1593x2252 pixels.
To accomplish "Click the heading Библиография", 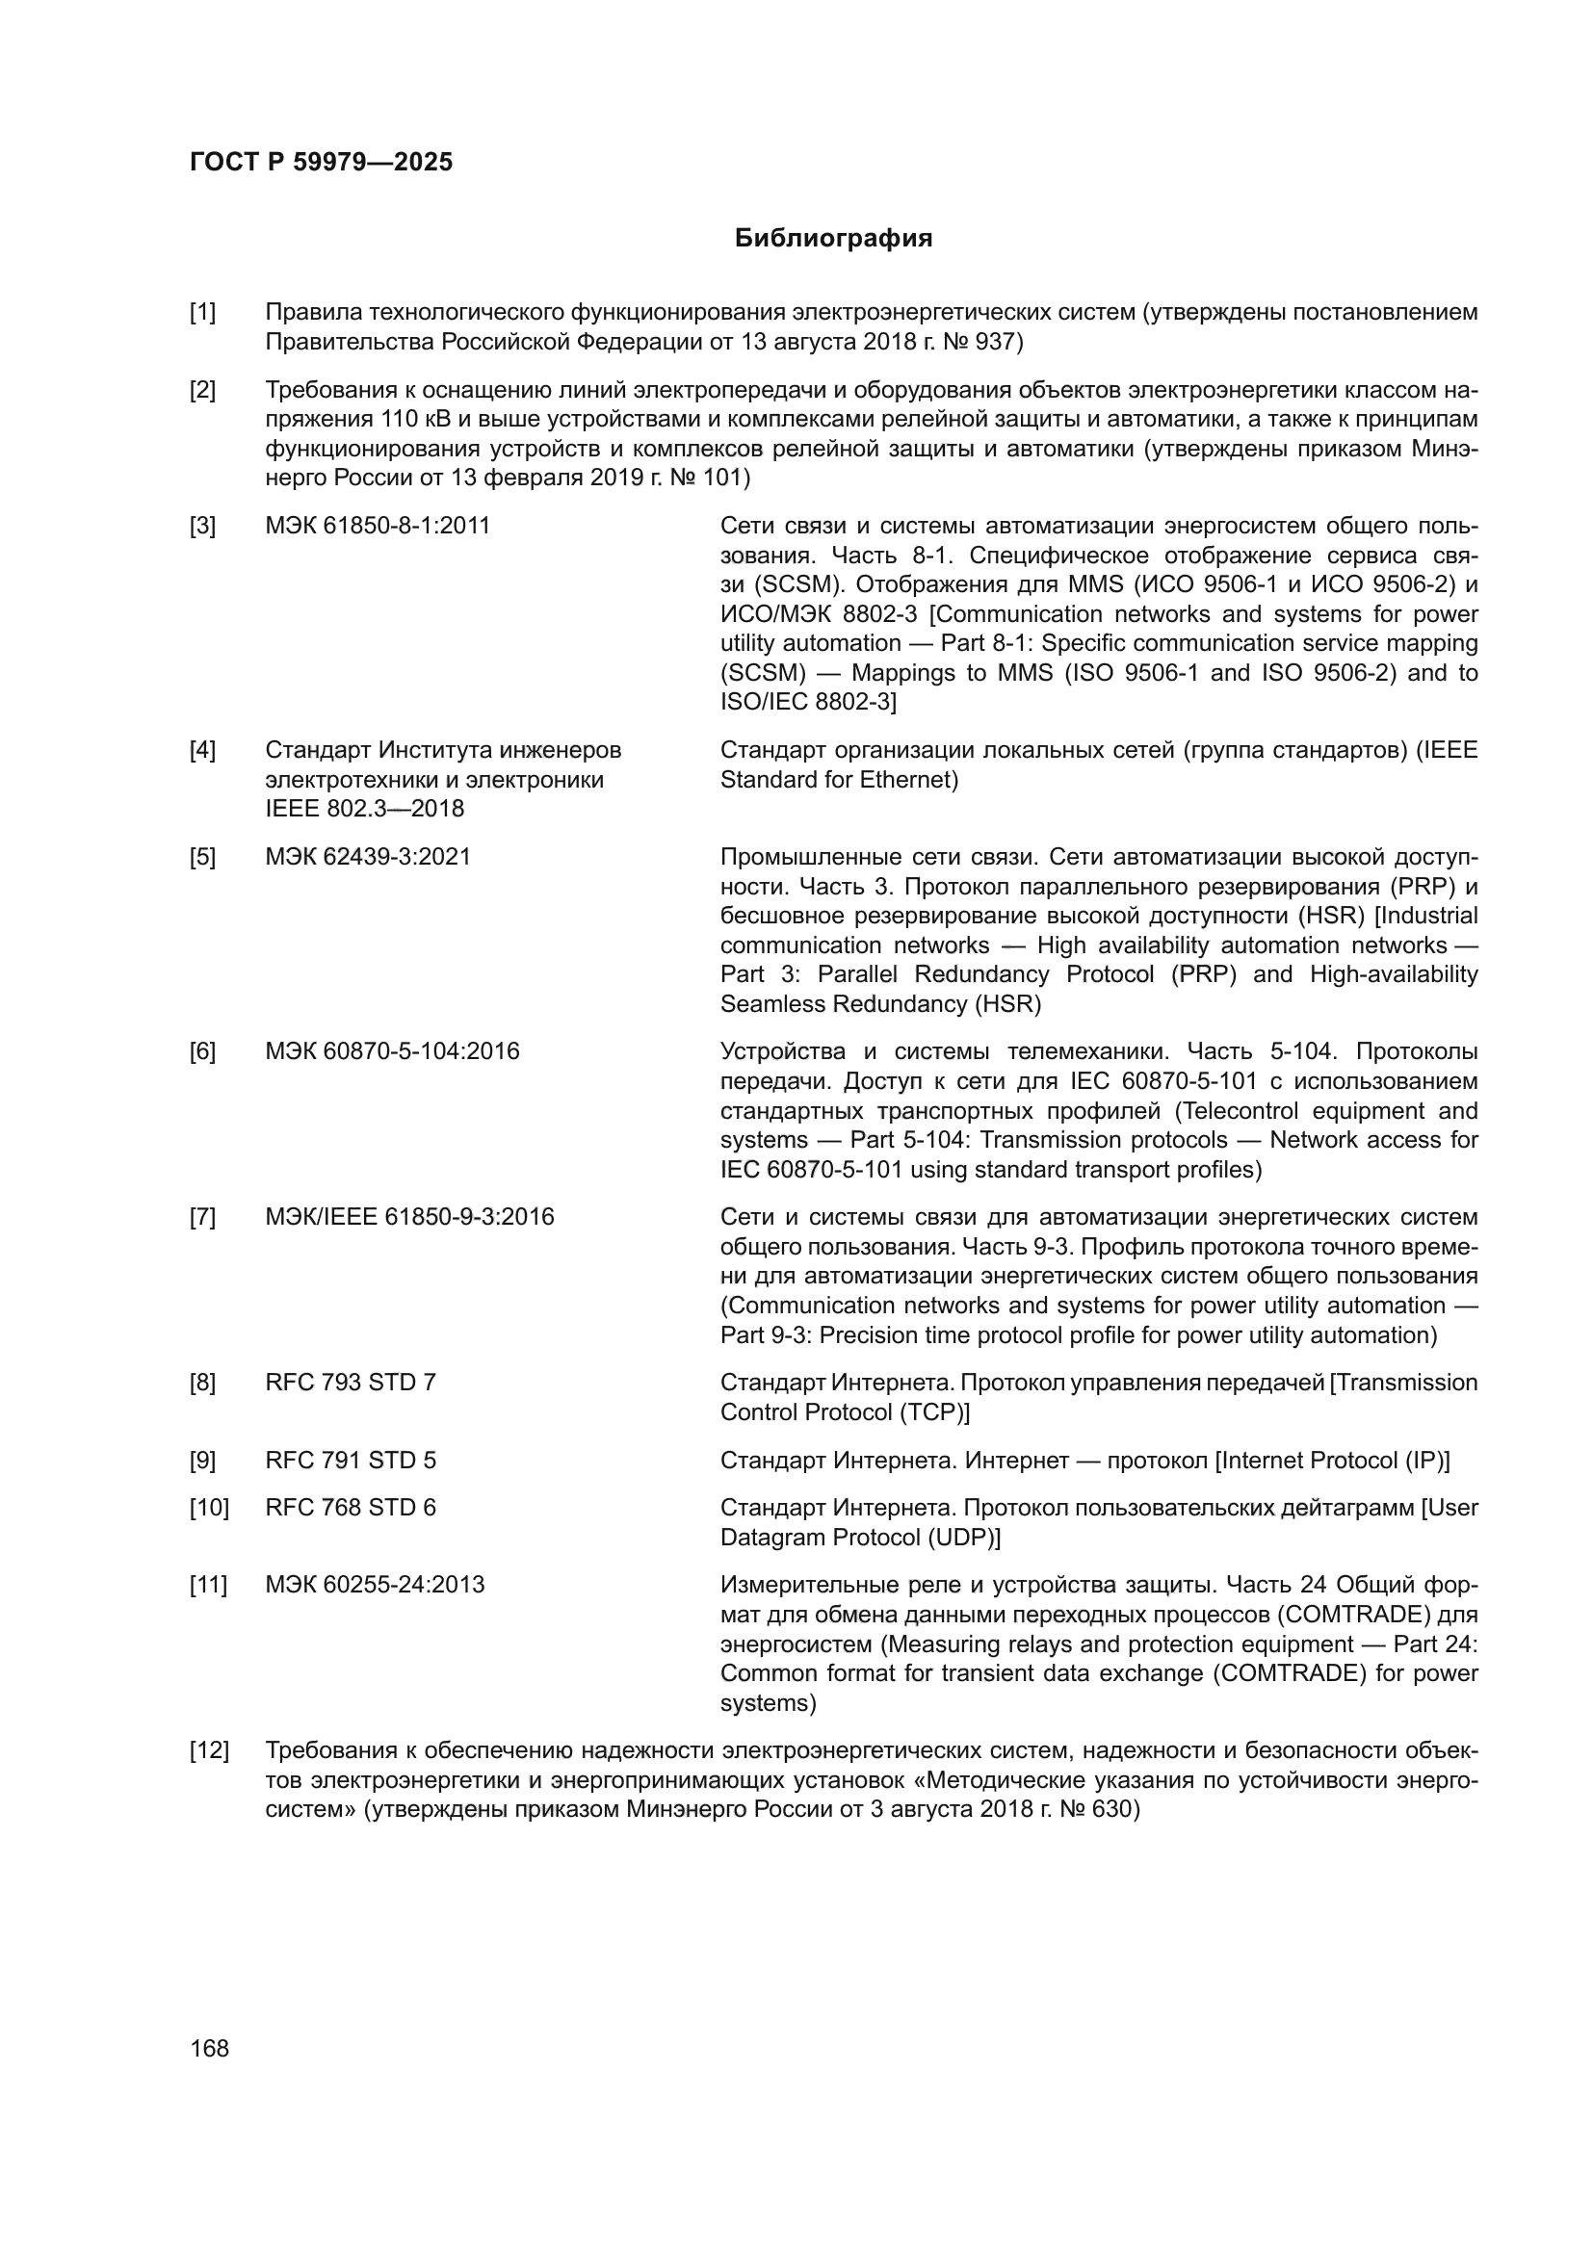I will (833, 239).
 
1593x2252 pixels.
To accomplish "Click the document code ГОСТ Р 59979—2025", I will (321, 162).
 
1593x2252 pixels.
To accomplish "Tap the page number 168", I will (209, 2048).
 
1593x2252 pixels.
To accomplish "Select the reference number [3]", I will (202, 526).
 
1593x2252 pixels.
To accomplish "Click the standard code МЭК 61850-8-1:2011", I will (378, 526).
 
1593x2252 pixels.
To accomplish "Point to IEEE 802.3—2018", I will (364, 808).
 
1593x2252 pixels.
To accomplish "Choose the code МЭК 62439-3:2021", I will (368, 856).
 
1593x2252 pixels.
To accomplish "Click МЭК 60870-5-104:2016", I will (392, 1051).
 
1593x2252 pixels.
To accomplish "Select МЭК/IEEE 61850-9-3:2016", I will (409, 1216).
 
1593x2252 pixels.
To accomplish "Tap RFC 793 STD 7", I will (351, 1382).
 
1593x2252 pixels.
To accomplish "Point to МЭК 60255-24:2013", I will (375, 1584).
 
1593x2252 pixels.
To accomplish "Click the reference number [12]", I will (208, 1749).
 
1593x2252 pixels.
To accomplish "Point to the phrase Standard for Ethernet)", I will (839, 780).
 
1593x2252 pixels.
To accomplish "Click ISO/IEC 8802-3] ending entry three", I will (808, 702).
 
